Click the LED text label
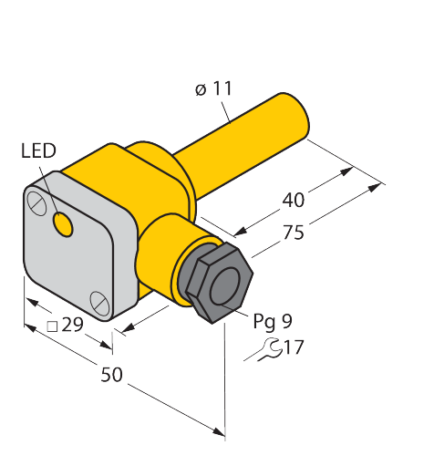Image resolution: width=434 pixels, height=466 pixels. point(38,150)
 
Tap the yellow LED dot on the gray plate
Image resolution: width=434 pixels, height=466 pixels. point(63,224)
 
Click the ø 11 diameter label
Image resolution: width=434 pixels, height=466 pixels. point(213,88)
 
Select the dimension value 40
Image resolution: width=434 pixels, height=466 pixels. point(294,200)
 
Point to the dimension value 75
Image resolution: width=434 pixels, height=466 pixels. point(294,233)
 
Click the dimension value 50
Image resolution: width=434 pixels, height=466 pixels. point(111,374)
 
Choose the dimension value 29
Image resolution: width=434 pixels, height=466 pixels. point(72,325)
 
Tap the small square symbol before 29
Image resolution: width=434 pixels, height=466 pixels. point(52,326)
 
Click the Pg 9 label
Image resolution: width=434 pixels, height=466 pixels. point(273,321)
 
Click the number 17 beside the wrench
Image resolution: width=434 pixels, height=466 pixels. point(294,347)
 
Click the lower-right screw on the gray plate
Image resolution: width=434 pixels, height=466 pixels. point(99,303)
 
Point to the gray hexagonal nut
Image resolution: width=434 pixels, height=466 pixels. point(220,283)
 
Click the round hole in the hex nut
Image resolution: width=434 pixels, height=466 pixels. point(225,286)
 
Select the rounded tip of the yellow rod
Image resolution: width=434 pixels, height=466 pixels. point(296,116)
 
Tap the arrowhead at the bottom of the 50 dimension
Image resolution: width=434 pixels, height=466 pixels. point(219,431)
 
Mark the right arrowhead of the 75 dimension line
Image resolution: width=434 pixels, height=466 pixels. point(375,187)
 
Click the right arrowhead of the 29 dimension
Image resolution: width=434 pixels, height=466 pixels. point(106,345)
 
